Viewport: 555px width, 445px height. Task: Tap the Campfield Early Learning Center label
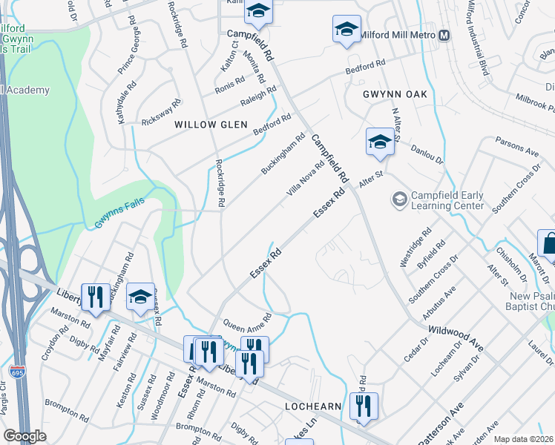click(447, 200)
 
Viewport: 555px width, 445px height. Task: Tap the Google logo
click(24, 436)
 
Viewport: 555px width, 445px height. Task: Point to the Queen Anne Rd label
click(248, 319)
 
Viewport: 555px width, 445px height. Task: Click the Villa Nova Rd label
click(306, 180)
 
